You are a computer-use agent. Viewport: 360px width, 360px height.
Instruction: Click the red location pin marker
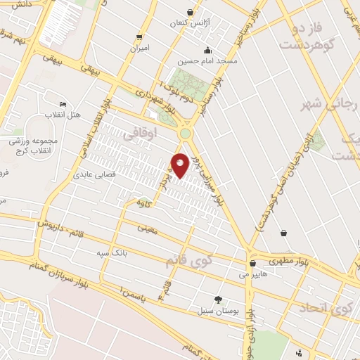click(x=181, y=165)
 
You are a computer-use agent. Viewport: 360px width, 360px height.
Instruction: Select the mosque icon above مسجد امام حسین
click(x=207, y=51)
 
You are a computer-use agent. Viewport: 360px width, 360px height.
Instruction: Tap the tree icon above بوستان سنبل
click(x=217, y=299)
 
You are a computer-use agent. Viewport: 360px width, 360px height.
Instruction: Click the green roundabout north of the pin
click(x=185, y=134)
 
